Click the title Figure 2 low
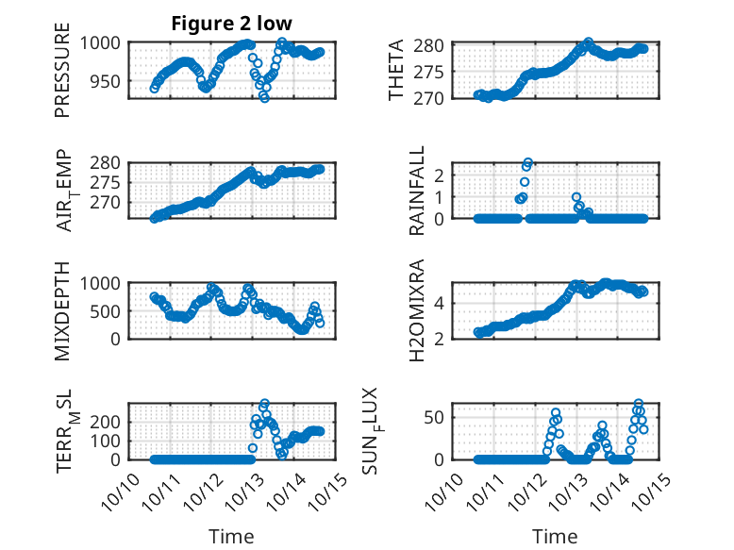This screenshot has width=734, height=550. pyautogui.click(x=231, y=23)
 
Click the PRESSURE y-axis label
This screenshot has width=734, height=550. pyautogui.click(x=63, y=76)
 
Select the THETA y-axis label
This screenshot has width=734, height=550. pyautogui.click(x=397, y=71)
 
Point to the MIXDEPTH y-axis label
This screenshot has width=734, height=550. pyautogui.click(x=63, y=309)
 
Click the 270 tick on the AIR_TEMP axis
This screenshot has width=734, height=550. pyautogui.click(x=107, y=202)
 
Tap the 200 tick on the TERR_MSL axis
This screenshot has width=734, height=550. pyautogui.click(x=107, y=422)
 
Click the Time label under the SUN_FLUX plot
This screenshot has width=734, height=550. pyautogui.click(x=555, y=537)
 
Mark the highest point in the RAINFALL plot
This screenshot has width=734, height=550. pyautogui.click(x=528, y=162)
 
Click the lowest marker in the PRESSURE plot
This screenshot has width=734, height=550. pyautogui.click(x=264, y=97)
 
